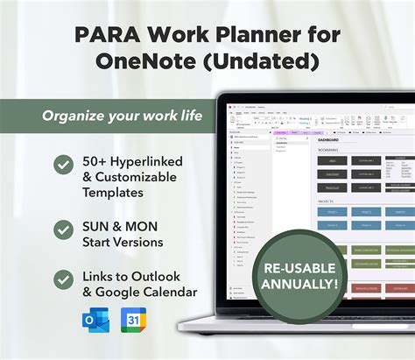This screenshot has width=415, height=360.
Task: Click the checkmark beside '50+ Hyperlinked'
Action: pyautogui.click(x=63, y=164)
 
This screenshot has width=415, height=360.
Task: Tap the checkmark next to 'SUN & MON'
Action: pyautogui.click(x=63, y=229)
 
